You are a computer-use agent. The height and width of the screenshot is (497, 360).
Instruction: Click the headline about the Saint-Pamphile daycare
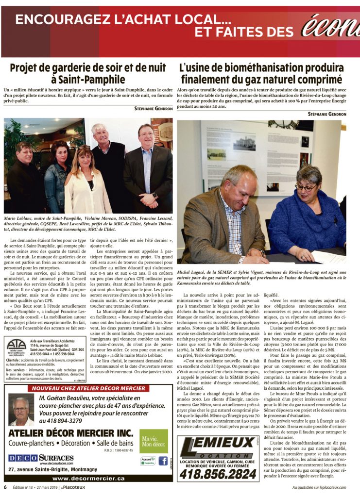click(88, 73)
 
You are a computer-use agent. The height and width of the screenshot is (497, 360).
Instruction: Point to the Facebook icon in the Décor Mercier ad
click(163, 461)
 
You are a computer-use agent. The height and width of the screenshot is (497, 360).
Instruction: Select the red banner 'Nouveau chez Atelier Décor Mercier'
click(88, 389)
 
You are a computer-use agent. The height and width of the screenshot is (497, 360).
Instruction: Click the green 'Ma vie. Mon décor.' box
click(154, 441)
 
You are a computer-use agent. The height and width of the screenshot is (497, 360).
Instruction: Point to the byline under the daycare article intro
click(153, 109)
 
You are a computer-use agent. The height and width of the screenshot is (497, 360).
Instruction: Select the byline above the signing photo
click(326, 114)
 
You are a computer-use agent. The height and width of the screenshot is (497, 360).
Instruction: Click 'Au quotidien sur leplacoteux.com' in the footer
click(319, 487)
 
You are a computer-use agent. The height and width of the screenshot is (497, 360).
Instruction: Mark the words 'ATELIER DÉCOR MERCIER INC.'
click(70, 432)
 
